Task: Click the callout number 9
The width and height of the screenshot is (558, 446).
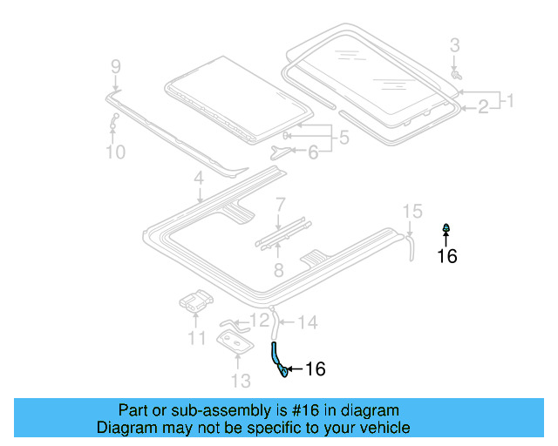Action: tap(115, 66)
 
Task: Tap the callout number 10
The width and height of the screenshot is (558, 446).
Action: tap(115, 152)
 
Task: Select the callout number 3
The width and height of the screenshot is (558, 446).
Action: tap(454, 44)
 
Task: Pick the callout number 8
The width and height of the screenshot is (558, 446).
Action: tap(278, 270)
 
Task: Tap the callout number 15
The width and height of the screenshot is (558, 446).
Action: tap(412, 211)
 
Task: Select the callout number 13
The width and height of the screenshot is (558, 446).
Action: tap(241, 381)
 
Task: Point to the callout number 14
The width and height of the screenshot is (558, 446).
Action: tap(308, 323)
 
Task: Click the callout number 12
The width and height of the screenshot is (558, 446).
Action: tap(260, 321)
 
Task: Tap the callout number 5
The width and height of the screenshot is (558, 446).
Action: tap(344, 138)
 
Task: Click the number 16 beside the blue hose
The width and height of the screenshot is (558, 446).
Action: tap(315, 369)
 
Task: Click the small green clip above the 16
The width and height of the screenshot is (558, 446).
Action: tap(446, 229)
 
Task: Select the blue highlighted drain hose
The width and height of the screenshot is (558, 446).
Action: tap(277, 357)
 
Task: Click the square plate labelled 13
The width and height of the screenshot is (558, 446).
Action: tap(235, 343)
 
